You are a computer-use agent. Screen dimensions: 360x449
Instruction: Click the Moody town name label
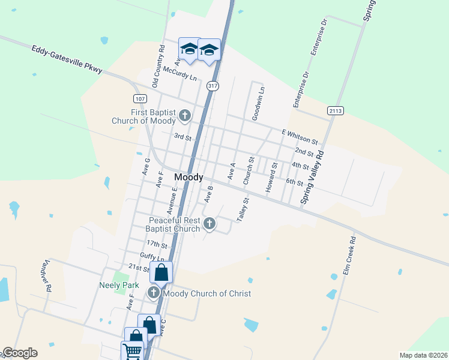tap(188, 178)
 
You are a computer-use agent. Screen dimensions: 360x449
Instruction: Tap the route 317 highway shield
tap(212, 86)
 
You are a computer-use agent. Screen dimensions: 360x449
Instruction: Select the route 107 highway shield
tap(139, 98)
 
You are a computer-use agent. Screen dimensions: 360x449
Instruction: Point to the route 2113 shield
tap(335, 110)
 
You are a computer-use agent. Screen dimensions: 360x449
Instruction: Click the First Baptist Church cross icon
tap(185, 115)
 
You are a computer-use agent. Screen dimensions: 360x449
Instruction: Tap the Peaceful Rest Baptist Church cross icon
tap(209, 224)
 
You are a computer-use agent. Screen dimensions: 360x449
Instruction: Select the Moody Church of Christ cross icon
tap(154, 293)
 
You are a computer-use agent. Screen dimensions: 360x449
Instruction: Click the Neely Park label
tap(114, 286)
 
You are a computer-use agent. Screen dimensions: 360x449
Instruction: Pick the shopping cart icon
tap(132, 351)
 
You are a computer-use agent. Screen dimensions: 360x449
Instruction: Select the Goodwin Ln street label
tap(258, 103)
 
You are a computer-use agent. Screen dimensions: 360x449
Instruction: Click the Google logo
tap(20, 353)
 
